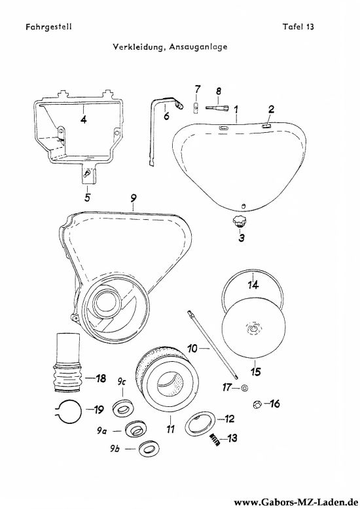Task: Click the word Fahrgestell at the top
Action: tap(48, 27)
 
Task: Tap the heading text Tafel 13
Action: tap(298, 27)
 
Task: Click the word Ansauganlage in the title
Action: tap(198, 47)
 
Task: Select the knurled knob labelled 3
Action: tap(238, 223)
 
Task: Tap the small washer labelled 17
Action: tap(245, 387)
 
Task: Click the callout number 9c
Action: tap(122, 382)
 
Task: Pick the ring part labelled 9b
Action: tap(149, 449)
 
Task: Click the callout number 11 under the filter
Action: tap(170, 429)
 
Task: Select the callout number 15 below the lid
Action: tap(256, 371)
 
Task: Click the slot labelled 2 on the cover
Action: tap(266, 126)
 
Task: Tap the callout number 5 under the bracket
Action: tap(87, 197)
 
